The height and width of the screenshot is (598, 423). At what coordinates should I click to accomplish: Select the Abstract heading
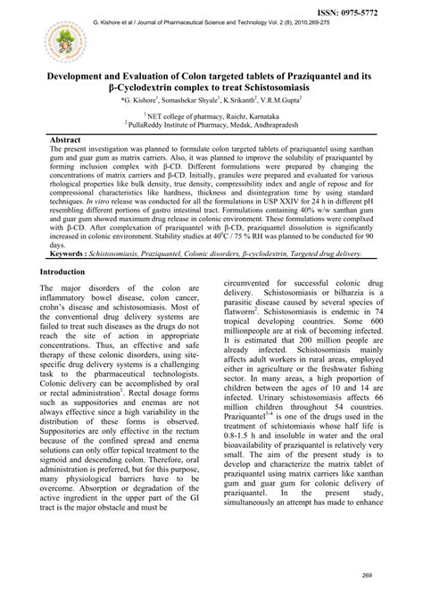(67, 141)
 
